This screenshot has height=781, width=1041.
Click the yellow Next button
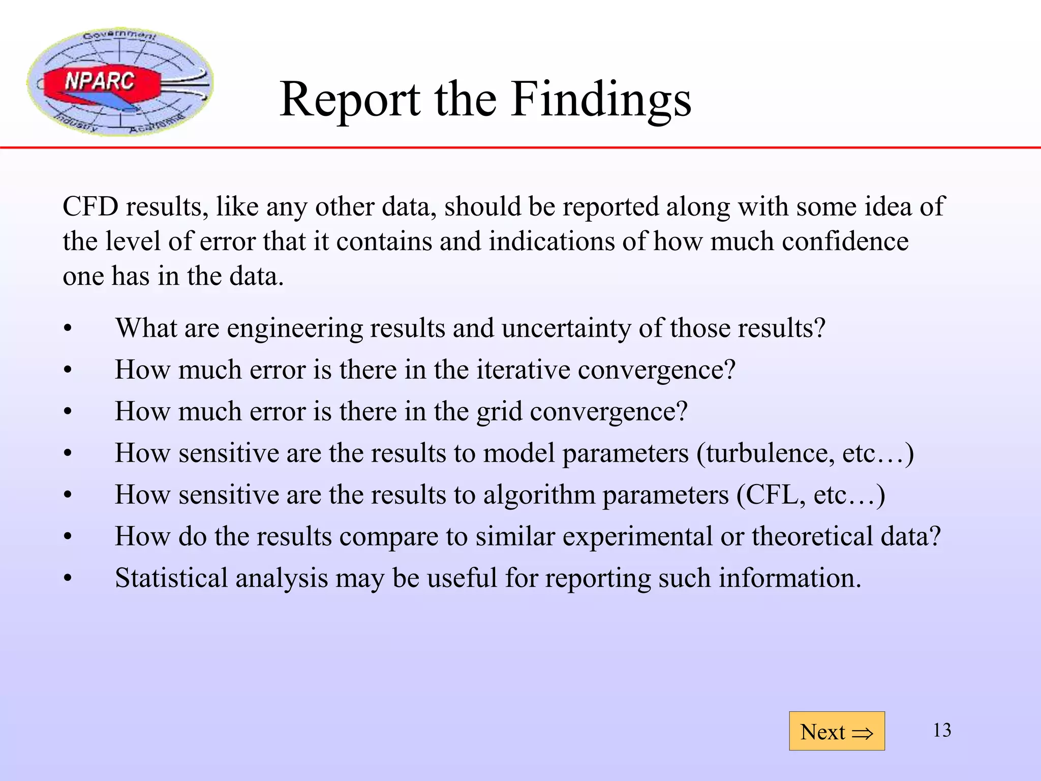tap(836, 731)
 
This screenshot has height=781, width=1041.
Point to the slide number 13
tap(942, 730)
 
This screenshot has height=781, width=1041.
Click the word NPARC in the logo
tap(100, 81)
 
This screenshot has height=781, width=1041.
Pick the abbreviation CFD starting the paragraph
tap(90, 207)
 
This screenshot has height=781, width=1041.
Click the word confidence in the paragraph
tap(845, 242)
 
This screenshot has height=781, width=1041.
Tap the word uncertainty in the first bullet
tap(566, 328)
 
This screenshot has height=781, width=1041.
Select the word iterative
tap(523, 370)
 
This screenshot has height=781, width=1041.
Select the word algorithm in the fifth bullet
tap(539, 495)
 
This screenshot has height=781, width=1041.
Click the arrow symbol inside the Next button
tap(862, 733)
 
